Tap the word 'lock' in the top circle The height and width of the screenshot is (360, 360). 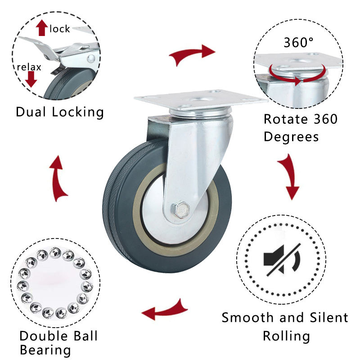tap(60, 29)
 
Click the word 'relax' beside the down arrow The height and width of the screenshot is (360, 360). tap(29, 67)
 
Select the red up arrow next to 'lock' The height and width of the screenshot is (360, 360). tap(42, 28)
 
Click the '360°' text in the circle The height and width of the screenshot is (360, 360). tap(298, 43)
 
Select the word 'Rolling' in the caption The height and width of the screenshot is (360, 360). tap(286, 336)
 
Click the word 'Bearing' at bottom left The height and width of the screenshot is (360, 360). tap(45, 350)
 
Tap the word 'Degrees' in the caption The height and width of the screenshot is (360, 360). tap(291, 136)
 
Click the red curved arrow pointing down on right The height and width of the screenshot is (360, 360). tap(288, 176)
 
